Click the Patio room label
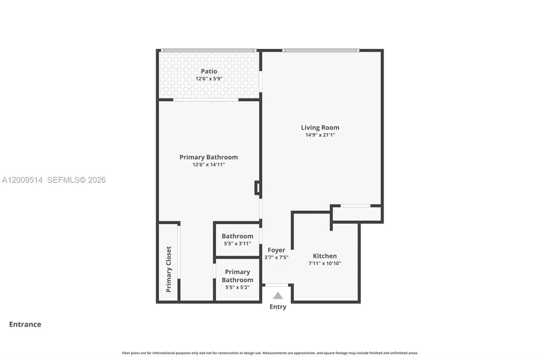(209, 71)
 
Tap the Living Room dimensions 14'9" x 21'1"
(320, 135)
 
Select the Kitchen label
(325, 256)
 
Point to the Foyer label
(276, 250)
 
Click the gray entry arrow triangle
(278, 296)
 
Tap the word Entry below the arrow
(278, 307)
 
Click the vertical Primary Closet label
(169, 269)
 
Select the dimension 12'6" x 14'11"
(209, 165)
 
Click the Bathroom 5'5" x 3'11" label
(237, 236)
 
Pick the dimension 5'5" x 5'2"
(237, 287)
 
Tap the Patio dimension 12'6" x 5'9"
(209, 79)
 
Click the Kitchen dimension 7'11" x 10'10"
(325, 263)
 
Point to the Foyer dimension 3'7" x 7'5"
(276, 257)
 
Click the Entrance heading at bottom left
(25, 324)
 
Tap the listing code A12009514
(22, 180)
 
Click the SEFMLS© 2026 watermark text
(76, 180)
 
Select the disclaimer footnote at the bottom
(270, 353)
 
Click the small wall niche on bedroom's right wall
(257, 188)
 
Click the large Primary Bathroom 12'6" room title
(209, 157)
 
